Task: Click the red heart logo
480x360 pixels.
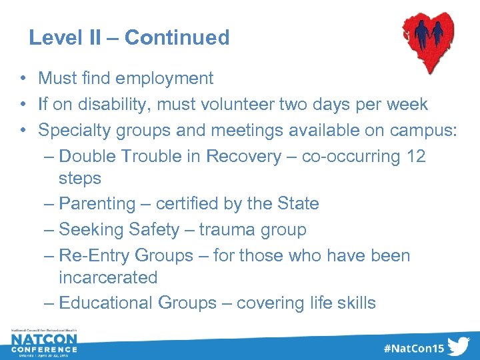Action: pos(430,40)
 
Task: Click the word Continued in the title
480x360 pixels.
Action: pos(177,38)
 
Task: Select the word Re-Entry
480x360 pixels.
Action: pos(94,256)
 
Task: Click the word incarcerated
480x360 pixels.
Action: pos(108,277)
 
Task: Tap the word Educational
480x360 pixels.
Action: pos(106,303)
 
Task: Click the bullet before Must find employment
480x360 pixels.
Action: pos(23,79)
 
